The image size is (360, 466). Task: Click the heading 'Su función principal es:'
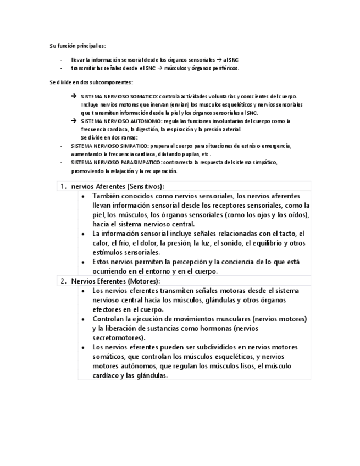click(x=77, y=46)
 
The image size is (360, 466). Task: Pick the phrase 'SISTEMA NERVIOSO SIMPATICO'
click(x=109, y=146)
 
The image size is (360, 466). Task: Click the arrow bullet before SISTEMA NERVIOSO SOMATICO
click(x=74, y=96)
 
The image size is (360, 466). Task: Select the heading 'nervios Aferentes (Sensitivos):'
click(x=118, y=186)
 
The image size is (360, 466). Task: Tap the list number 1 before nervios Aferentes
click(x=62, y=186)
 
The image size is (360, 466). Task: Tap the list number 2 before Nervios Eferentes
click(x=62, y=281)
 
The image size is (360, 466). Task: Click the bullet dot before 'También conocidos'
click(x=82, y=196)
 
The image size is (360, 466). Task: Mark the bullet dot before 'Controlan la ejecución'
click(x=82, y=319)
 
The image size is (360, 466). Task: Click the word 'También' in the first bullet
click(x=108, y=196)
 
